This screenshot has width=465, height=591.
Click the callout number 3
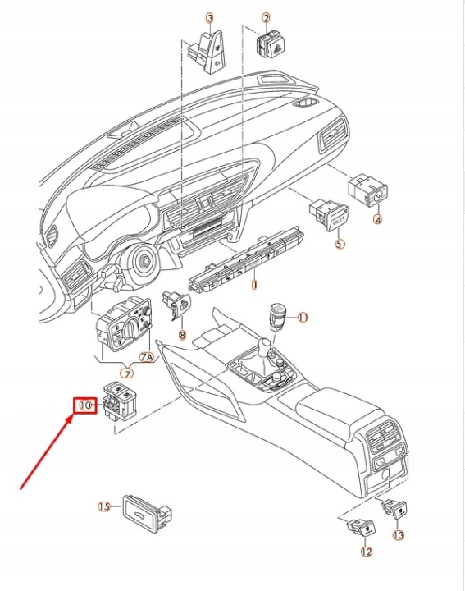[x=210, y=18]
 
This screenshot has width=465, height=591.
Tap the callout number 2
[x=267, y=18]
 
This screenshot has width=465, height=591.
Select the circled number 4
[x=377, y=219]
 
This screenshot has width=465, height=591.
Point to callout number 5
[x=340, y=244]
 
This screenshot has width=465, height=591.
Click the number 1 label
[x=254, y=285]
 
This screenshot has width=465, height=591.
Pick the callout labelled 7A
[x=147, y=357]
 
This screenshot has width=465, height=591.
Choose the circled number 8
[x=182, y=335]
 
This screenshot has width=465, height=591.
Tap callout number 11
[x=303, y=318]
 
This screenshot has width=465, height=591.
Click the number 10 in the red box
[x=85, y=405]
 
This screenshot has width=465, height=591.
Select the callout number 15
[x=104, y=506]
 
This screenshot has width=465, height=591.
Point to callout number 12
[x=366, y=552]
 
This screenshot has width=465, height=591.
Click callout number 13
[x=398, y=535]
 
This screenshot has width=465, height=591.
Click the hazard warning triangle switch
[x=271, y=45]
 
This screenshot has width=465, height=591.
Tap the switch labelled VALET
[x=330, y=215]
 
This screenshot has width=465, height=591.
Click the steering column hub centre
[x=144, y=259]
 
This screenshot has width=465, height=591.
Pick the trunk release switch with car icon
[x=147, y=514]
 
